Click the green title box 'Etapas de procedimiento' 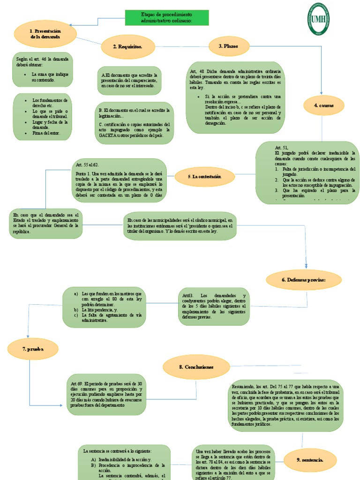(167, 18)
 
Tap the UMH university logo (318, 19)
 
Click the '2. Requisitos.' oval (127, 46)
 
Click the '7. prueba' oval (33, 349)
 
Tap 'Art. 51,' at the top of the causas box (282, 148)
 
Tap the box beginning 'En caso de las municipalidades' (180, 226)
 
